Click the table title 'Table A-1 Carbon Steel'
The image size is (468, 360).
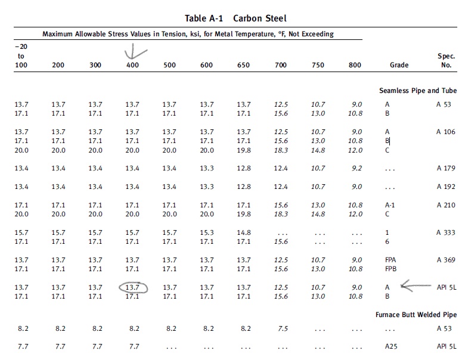coord(235,18)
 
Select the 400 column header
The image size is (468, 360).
coord(132,65)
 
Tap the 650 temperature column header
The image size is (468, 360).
coord(243,65)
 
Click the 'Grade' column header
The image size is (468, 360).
coord(399,65)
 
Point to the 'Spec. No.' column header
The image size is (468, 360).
coord(446,60)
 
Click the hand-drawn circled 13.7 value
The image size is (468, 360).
coord(133,287)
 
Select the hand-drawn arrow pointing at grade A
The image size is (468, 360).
coord(416,286)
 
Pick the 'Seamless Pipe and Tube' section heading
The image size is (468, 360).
coord(418,91)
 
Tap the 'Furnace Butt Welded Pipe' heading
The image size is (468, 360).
coord(416,315)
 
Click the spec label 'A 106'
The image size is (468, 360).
coord(445,132)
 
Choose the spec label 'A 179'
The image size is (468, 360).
coord(446,168)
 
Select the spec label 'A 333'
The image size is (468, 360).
coord(446,232)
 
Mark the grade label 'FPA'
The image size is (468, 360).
coord(390,260)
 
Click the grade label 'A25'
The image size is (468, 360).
coord(391,346)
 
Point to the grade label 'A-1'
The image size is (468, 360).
coord(390,205)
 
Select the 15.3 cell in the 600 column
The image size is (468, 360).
coord(207,232)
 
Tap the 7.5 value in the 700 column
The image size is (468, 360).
coord(283,328)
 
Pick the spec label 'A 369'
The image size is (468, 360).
coord(446,260)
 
